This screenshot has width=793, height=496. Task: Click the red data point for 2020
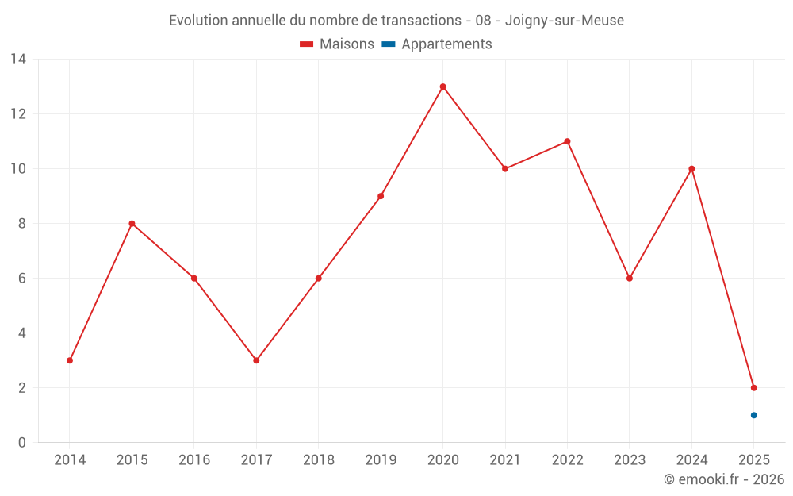(442, 87)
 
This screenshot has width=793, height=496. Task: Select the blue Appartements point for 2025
(753, 415)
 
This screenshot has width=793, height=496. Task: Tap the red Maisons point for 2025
(753, 388)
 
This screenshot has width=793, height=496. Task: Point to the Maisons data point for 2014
(70, 360)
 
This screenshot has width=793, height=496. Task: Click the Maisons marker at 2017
(256, 360)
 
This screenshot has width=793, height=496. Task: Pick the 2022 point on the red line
(567, 141)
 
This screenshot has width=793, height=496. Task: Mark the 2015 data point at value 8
(132, 224)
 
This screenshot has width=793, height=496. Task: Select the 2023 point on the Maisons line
(630, 279)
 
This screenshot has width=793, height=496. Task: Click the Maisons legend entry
(337, 44)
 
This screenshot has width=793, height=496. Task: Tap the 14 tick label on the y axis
(17, 60)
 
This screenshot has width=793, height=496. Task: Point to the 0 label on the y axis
(21, 443)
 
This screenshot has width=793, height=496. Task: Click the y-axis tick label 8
(21, 224)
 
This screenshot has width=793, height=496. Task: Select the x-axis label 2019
(381, 460)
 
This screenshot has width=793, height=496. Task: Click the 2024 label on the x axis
(691, 460)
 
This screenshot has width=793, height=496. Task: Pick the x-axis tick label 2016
(194, 460)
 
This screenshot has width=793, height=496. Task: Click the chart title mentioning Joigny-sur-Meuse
(396, 21)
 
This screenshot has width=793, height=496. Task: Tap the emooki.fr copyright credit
(723, 479)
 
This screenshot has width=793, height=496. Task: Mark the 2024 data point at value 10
(691, 169)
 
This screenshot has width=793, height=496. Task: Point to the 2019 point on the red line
(381, 196)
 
